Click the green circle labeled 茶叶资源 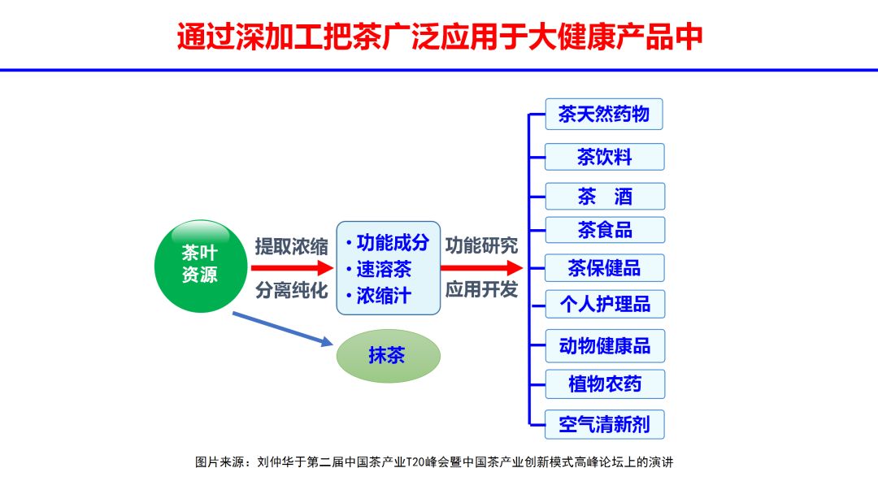tap(198, 265)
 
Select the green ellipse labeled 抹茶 tap(388, 356)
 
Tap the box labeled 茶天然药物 tap(604, 115)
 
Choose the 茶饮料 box tap(604, 157)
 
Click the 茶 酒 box tap(604, 197)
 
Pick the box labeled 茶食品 tap(604, 230)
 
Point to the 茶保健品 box tap(604, 267)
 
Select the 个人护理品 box tap(604, 305)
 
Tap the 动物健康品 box tap(604, 346)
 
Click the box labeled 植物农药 tap(604, 383)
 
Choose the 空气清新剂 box tap(604, 424)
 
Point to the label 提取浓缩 tap(292, 245)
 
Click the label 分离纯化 tap(292, 290)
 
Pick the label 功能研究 tap(481, 245)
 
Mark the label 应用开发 tap(481, 290)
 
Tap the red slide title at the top tap(439, 37)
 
